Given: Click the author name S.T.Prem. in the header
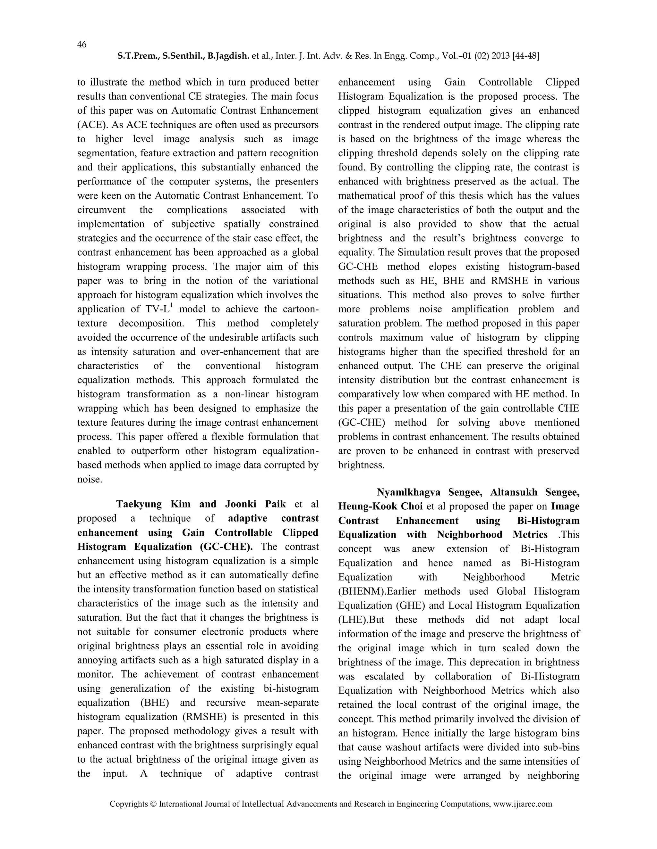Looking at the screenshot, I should point(138,56).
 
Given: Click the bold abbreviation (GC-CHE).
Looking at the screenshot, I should point(226,547).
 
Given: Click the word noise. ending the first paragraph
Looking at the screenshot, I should point(90,480).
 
